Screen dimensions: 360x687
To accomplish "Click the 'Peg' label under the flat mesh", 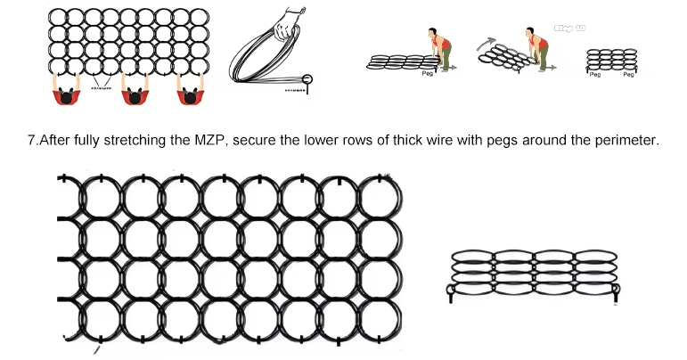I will (427, 72).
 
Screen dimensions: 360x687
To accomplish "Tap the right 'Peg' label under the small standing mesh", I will (629, 75).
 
